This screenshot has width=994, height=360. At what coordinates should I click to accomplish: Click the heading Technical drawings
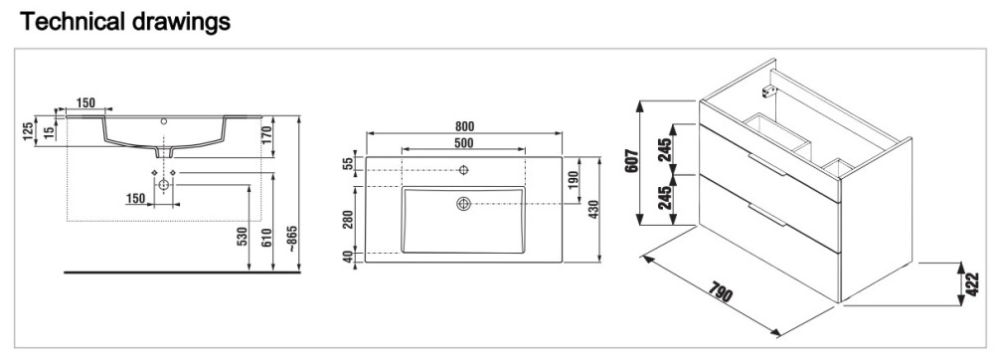125,22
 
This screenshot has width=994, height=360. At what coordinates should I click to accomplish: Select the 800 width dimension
464,127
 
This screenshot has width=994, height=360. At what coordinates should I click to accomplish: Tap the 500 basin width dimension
464,143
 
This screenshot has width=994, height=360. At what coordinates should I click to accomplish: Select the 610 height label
267,238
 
